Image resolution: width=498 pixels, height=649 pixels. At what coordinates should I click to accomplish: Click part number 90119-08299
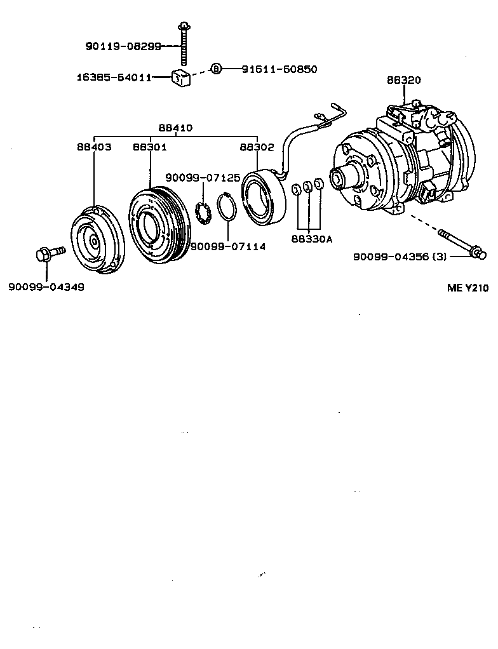(123, 46)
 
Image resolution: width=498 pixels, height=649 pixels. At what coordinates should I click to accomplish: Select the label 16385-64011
(114, 77)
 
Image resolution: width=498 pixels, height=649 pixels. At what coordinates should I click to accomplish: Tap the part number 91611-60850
(279, 69)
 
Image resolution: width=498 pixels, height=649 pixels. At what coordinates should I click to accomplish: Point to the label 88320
(403, 81)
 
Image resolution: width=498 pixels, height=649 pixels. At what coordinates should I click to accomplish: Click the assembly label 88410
(175, 128)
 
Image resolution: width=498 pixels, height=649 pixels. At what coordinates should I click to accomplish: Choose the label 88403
(94, 147)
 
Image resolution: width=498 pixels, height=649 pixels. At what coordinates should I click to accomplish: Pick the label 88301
(149, 147)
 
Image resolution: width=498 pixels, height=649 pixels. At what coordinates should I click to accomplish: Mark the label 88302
(257, 147)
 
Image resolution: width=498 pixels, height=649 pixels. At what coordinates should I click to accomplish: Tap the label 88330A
(312, 239)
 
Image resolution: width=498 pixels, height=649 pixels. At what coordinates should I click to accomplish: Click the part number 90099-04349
(46, 286)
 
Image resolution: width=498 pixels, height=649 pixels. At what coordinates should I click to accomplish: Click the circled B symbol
(216, 69)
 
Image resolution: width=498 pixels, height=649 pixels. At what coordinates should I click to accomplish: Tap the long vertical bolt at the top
(184, 44)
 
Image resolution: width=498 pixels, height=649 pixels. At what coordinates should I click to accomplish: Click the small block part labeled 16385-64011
(181, 79)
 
